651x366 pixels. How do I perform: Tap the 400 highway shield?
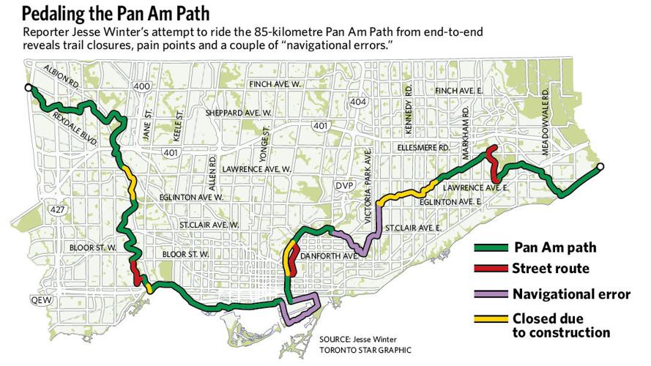143,87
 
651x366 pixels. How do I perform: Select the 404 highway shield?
358,102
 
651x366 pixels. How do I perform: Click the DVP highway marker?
344,186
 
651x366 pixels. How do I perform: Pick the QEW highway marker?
38,300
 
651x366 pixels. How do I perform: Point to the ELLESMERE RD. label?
424,147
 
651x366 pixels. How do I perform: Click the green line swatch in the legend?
491,247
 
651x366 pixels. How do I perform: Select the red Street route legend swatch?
491,269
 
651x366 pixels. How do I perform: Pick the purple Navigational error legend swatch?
491,294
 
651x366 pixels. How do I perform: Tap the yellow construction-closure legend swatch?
491,319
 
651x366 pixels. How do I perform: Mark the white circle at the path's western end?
28,87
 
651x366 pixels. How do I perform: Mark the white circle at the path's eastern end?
600,167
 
